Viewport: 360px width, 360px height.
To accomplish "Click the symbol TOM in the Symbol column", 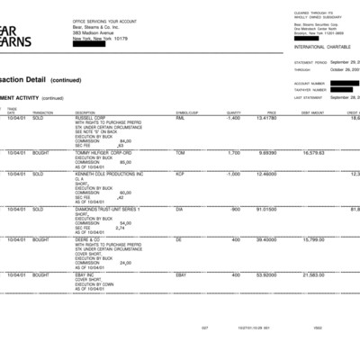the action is click(179, 152).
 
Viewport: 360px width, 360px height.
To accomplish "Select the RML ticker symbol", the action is click(179, 118).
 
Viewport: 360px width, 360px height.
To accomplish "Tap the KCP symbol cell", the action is click(179, 173).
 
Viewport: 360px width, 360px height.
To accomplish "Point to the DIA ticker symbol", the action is click(179, 209).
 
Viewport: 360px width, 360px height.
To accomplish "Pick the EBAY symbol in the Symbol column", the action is click(181, 274).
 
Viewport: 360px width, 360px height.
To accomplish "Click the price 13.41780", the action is click(265, 118).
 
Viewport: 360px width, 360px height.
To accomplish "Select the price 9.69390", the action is click(266, 152).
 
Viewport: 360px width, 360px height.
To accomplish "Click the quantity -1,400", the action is click(232, 118).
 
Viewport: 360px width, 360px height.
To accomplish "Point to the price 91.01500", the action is click(265, 209).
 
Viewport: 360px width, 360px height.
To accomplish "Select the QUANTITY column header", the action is click(234, 112).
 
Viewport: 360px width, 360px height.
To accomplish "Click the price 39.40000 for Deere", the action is click(265, 239).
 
